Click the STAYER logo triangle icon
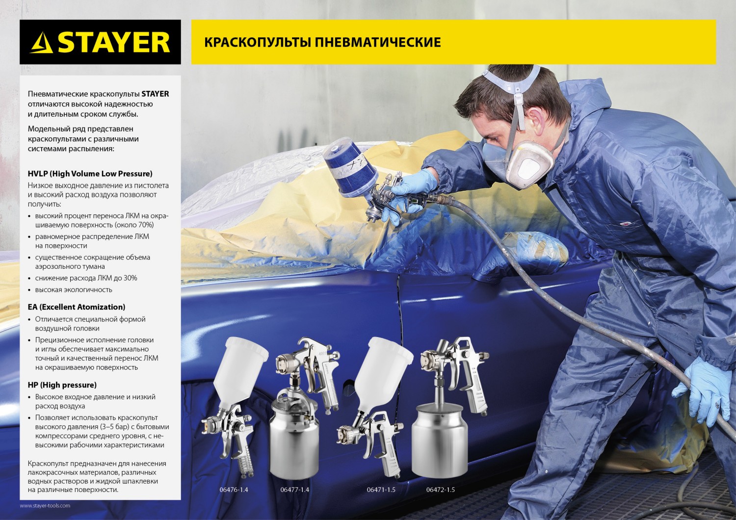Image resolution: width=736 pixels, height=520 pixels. point(42,43)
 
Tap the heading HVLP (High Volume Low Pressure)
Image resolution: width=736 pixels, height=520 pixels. point(90,174)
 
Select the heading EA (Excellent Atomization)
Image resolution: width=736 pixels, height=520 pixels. point(77,307)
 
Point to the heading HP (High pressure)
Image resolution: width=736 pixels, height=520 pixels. point(62,385)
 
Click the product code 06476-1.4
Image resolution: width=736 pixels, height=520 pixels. point(234,490)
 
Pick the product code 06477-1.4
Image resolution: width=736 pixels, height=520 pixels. point(295,490)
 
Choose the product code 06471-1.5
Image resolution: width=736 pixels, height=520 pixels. point(381,490)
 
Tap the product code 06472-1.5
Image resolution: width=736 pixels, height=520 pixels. point(441,490)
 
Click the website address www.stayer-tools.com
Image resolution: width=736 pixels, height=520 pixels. point(45,505)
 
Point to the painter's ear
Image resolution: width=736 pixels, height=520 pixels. point(536,119)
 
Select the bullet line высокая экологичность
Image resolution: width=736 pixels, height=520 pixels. point(74,290)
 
